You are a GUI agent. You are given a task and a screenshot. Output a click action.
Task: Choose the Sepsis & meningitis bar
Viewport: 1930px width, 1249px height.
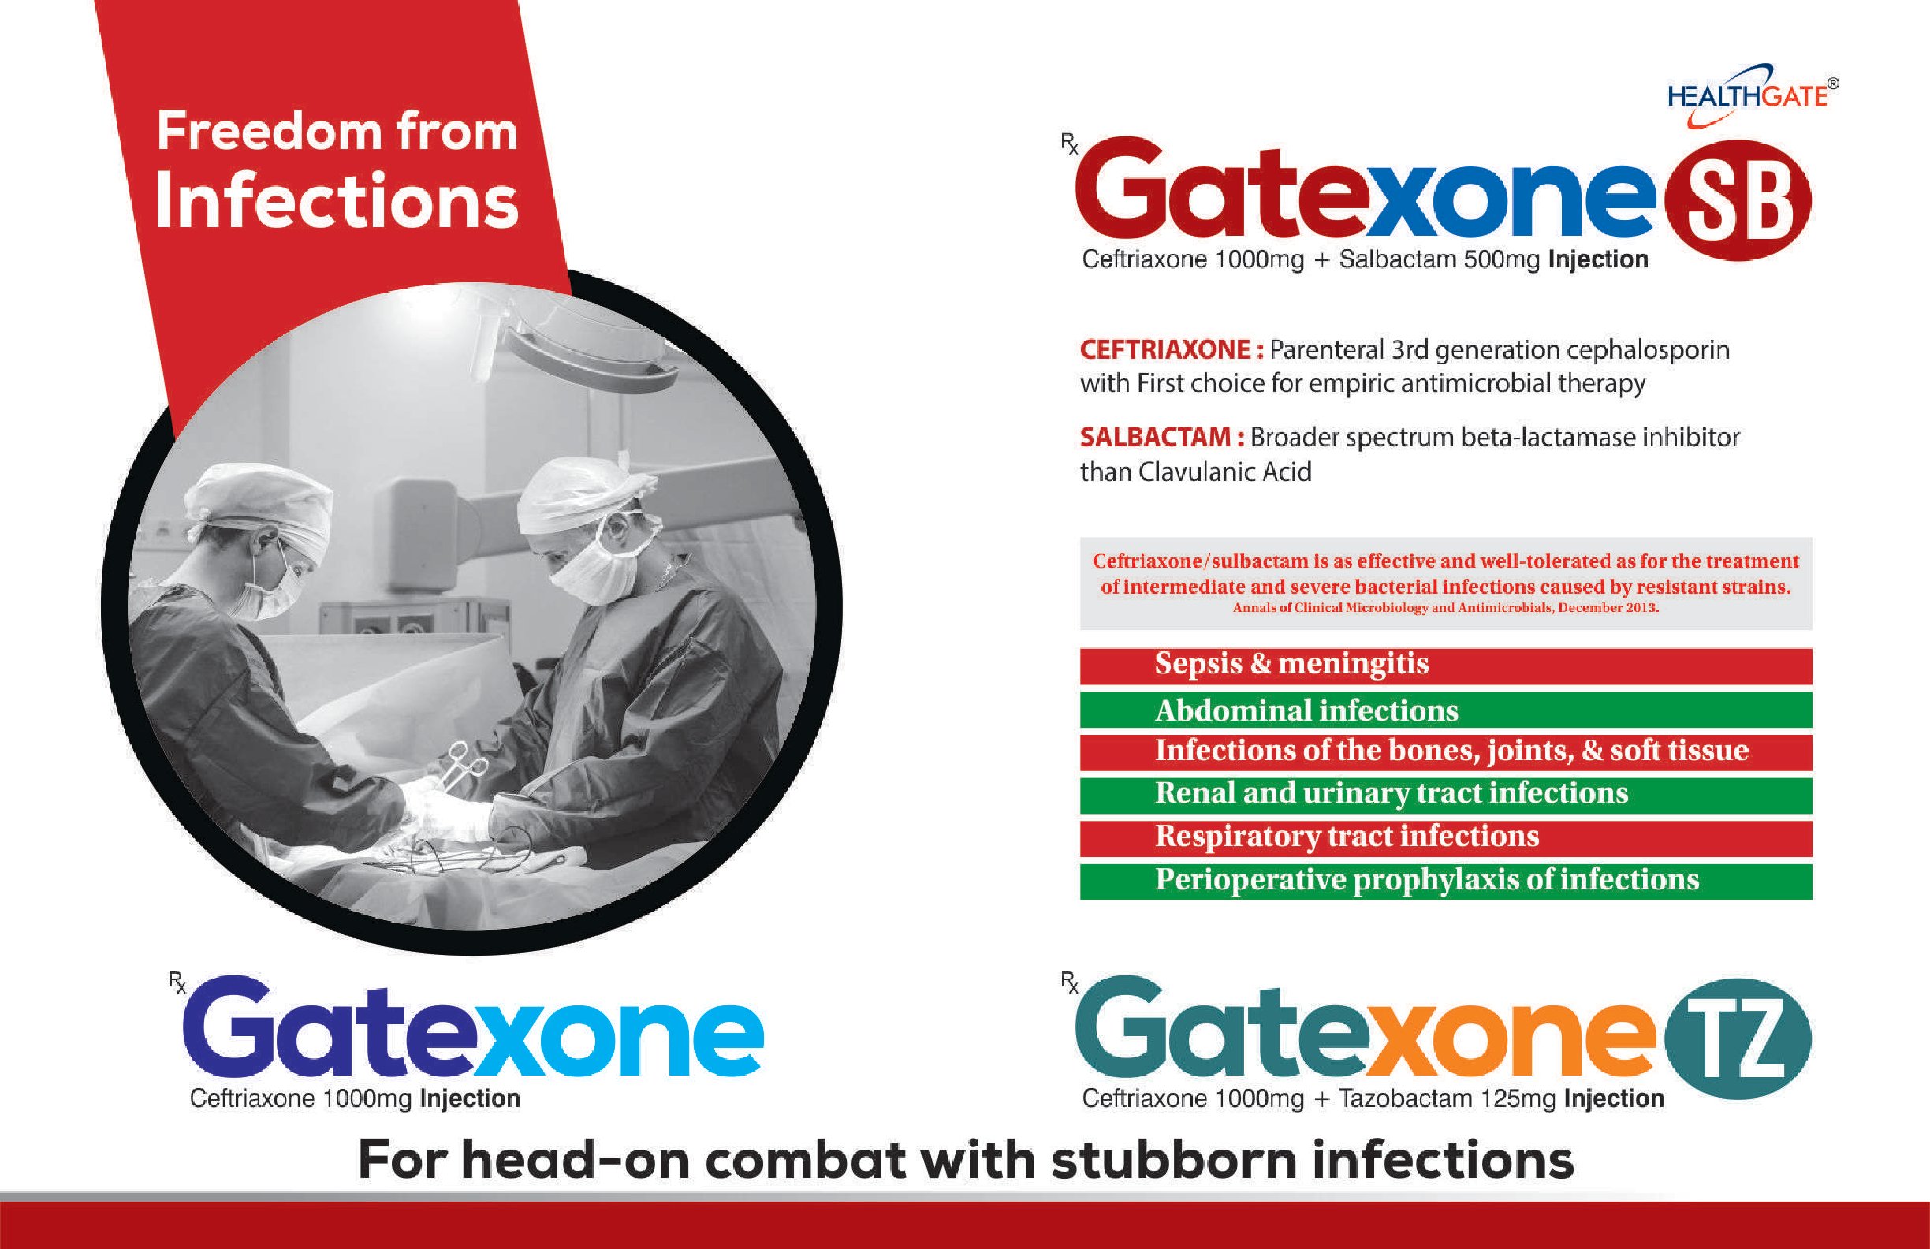pos(1446,666)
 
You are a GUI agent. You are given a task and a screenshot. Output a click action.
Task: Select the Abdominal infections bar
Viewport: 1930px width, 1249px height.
pos(1446,710)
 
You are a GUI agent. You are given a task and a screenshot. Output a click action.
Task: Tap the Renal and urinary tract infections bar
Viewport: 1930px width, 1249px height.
pos(1446,795)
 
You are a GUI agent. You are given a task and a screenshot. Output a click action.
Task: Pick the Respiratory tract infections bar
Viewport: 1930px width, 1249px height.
pos(1446,838)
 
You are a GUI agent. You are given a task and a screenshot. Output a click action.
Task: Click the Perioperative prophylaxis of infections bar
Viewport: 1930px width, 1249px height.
pos(1446,882)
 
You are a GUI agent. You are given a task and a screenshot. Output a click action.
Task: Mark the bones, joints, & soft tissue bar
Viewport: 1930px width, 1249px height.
pos(1446,751)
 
